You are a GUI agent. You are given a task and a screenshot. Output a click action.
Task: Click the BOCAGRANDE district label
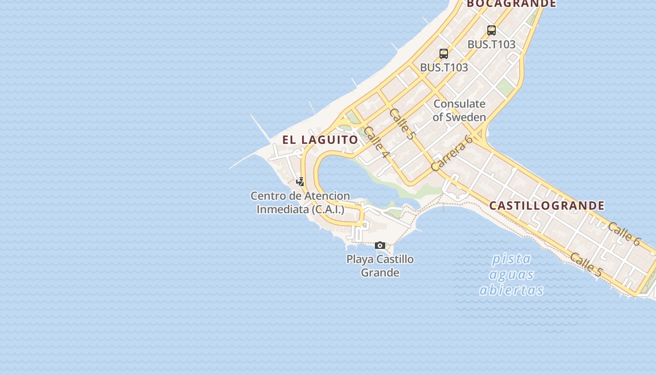511,4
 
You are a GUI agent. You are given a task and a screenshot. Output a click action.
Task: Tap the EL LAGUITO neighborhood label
320,140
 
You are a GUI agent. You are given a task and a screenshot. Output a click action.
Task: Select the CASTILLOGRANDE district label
547,206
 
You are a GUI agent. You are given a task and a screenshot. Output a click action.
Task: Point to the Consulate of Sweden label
459,111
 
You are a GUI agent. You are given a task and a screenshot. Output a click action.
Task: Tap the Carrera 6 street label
451,153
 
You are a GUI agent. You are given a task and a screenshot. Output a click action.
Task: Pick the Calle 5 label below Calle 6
586,264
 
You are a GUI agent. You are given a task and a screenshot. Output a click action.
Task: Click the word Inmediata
283,209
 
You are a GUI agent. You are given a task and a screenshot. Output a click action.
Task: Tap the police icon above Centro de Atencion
300,182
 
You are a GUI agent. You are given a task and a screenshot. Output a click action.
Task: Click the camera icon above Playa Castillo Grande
380,245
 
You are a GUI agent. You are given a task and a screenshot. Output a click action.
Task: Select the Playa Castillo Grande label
380,266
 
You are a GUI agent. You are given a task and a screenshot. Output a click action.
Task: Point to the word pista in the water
512,259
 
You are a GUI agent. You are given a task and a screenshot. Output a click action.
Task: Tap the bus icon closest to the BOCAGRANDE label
492,30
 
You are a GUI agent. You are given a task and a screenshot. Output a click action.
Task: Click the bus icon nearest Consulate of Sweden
444,53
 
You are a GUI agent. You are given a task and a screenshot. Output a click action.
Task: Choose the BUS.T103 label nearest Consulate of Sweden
444,67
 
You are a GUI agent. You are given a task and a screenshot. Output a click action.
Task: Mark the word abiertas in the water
511,290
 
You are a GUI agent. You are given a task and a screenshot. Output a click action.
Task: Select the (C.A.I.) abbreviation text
328,209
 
